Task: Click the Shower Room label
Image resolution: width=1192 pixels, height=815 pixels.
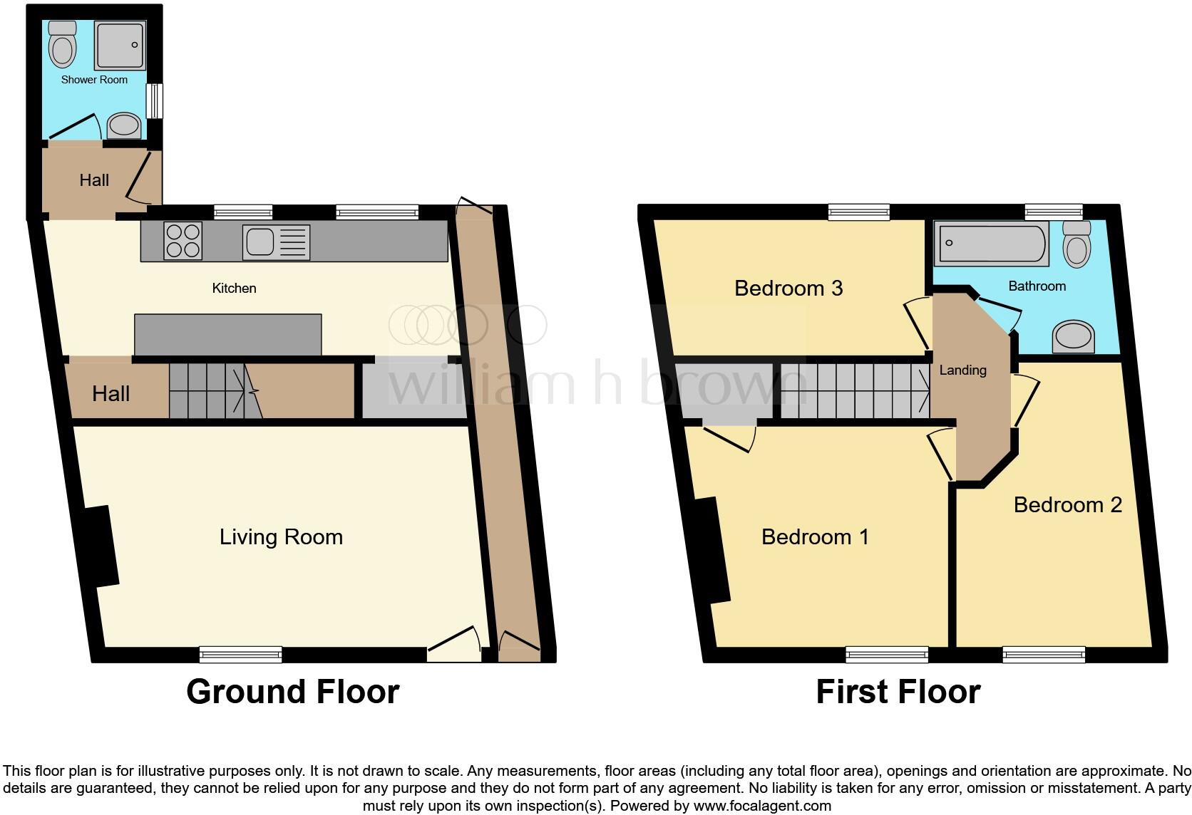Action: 94,80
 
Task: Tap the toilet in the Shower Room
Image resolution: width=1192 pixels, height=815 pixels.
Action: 63,45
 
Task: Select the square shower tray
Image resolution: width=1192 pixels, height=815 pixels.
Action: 120,46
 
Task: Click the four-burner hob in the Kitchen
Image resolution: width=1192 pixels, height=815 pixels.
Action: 183,241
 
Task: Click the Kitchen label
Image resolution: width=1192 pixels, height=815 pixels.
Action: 234,288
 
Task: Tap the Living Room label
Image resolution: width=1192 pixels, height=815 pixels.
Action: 281,536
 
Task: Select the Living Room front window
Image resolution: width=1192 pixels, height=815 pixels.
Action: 241,653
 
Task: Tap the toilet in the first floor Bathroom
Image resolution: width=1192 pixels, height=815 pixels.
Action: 1077,244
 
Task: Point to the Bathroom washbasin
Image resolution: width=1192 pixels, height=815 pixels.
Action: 1074,337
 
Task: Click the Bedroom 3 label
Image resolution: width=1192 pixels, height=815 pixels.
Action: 788,288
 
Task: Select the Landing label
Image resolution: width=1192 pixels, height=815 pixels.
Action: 962,370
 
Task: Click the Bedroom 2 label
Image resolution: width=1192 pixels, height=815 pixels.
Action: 1067,504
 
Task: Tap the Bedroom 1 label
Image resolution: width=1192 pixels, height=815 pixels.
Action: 815,536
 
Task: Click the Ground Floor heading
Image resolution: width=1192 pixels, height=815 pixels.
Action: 292,692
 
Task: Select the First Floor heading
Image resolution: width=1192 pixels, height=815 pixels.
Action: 898,692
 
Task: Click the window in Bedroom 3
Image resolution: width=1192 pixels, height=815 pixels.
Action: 859,212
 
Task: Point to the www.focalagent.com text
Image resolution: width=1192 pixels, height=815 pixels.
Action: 761,806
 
